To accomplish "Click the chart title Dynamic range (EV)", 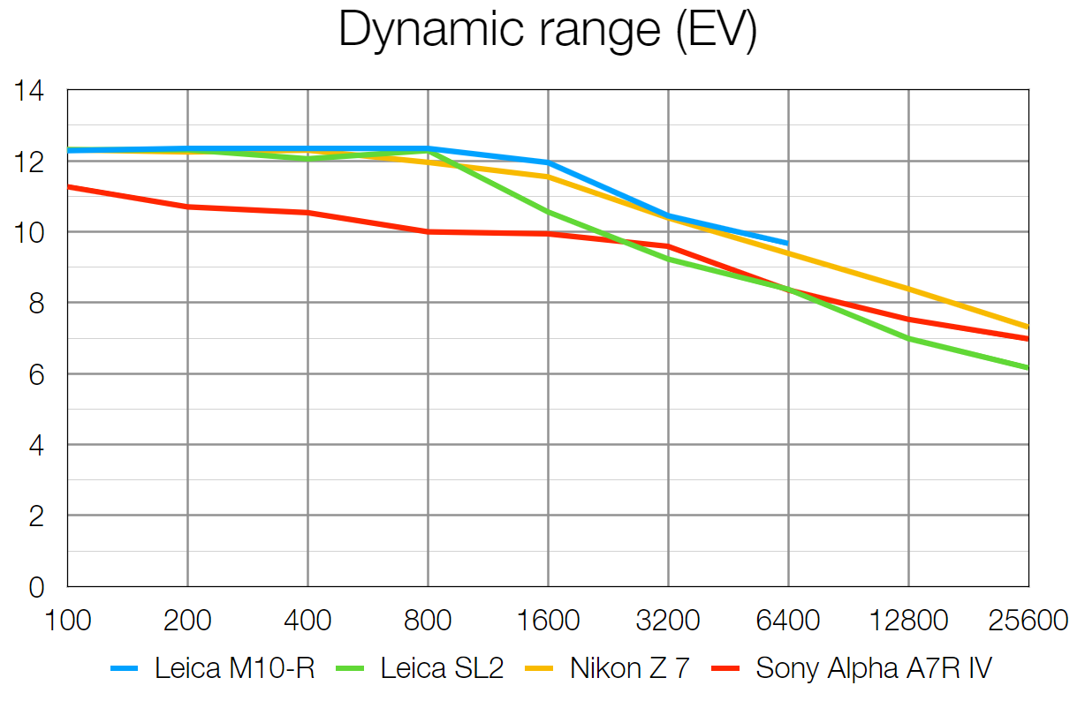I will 547,31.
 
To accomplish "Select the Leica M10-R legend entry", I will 233,668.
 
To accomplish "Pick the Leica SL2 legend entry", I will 441,668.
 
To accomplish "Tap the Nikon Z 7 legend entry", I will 629,668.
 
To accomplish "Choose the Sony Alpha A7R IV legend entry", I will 873,668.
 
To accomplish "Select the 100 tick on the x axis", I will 68,620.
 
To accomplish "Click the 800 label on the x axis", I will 429,620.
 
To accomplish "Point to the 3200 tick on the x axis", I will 668,620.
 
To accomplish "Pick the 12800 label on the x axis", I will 908,620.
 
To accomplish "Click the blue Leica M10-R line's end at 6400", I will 787,243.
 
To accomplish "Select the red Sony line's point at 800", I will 429,231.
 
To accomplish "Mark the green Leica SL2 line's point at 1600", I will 548,212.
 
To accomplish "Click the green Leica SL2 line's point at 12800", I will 908,339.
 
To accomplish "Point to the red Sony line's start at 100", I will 68,186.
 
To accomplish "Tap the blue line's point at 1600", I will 548,162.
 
